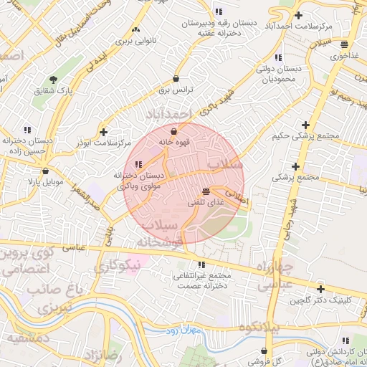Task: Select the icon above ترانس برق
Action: (176, 78)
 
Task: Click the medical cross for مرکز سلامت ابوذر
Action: (104, 132)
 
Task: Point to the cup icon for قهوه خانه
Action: (173, 130)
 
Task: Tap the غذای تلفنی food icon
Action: (206, 191)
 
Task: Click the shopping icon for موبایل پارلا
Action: (47, 171)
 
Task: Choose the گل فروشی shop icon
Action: (265, 351)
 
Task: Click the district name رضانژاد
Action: (103, 356)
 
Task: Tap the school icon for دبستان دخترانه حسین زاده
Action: (27, 130)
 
